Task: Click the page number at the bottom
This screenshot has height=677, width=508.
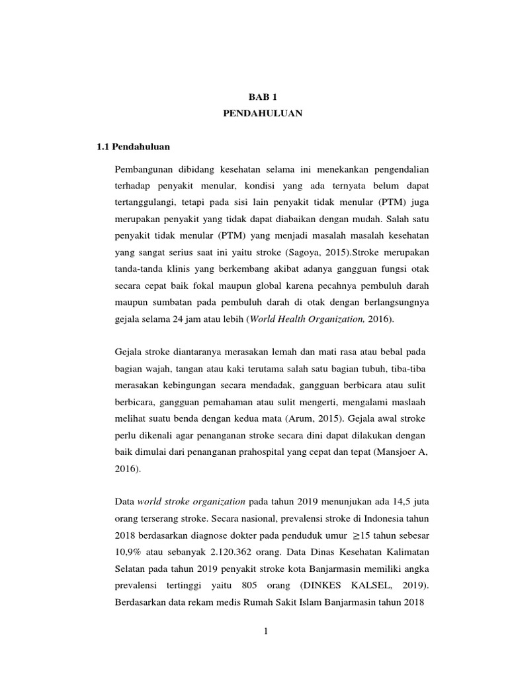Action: pyautogui.click(x=265, y=632)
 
